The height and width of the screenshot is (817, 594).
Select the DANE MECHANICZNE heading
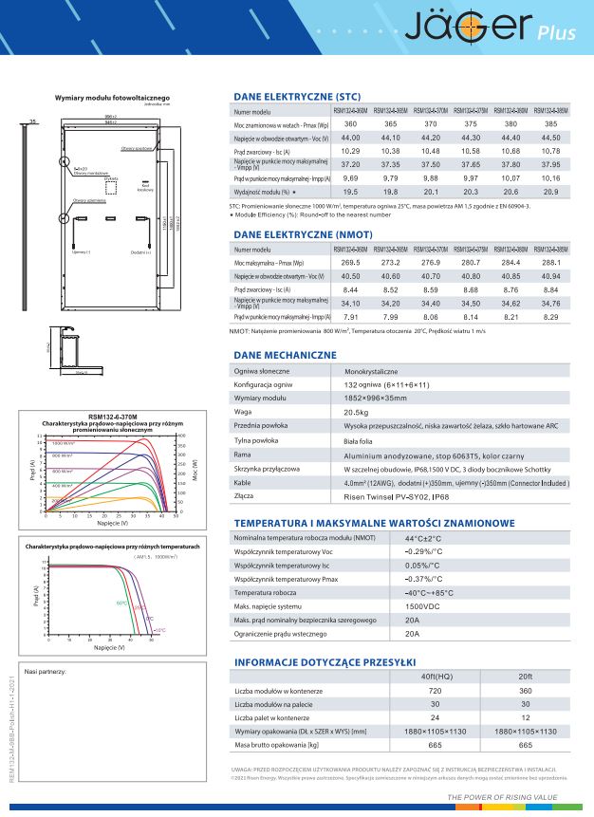(x=285, y=355)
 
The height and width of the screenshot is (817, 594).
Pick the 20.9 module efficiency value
(x=549, y=192)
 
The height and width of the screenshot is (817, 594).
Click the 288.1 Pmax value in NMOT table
(x=549, y=262)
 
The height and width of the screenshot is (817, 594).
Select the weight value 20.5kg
(x=357, y=413)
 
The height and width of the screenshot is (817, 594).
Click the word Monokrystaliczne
(x=371, y=372)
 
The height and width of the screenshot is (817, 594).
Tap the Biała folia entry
(x=360, y=441)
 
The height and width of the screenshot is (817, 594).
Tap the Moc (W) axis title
(x=195, y=468)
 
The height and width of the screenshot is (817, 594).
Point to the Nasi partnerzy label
(x=45, y=671)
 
